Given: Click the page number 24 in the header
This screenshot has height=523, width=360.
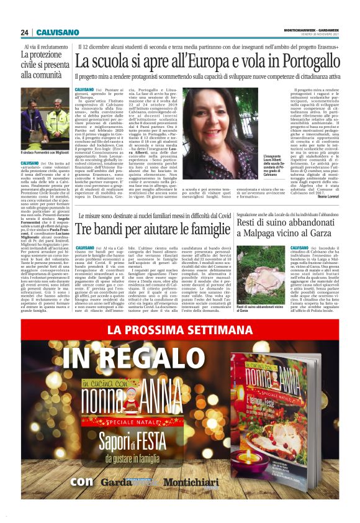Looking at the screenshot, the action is [x=24, y=32].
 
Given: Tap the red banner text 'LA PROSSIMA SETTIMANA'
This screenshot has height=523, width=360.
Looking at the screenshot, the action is [x=180, y=330].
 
